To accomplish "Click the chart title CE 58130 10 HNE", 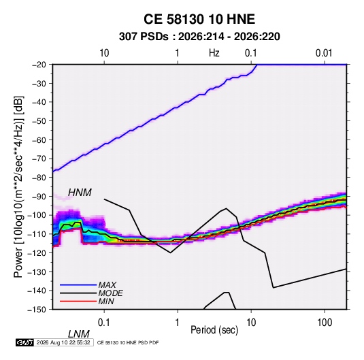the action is click(x=199, y=19).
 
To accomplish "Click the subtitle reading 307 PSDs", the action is click(x=144, y=37).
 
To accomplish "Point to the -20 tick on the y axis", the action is click(x=39, y=65).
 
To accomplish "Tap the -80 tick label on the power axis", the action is click(x=39, y=178).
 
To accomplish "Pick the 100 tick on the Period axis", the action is click(x=325, y=323).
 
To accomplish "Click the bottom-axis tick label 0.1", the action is click(x=104, y=323).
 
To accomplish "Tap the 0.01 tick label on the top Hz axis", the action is click(x=324, y=53).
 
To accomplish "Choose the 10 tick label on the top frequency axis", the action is click(x=104, y=53).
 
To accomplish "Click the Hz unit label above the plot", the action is click(x=214, y=53).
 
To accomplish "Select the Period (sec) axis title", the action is click(x=214, y=330).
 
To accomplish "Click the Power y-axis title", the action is click(x=18, y=187).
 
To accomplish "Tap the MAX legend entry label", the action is click(x=107, y=284).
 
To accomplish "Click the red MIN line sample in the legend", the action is click(x=78, y=301).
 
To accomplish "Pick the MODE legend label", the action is click(x=110, y=293).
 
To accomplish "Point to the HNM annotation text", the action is click(x=80, y=193).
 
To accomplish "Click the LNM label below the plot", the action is click(x=79, y=334).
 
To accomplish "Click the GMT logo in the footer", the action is click(x=25, y=342).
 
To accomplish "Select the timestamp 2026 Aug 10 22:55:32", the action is click(x=63, y=342).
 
